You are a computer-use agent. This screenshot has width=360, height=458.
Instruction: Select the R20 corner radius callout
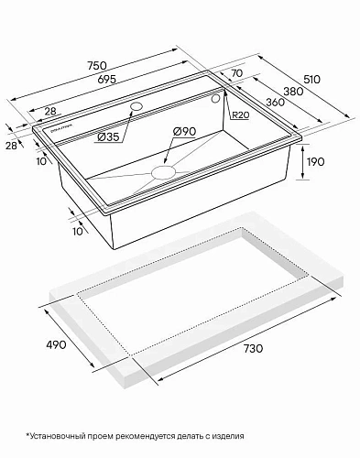click(x=242, y=114)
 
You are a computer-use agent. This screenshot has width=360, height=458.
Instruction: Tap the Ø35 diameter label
click(x=108, y=136)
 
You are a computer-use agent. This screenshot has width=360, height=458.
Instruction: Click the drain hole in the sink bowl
click(x=166, y=170)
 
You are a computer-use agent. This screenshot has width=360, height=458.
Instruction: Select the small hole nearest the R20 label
click(x=216, y=97)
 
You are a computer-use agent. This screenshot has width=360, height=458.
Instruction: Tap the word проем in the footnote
click(x=113, y=433)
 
